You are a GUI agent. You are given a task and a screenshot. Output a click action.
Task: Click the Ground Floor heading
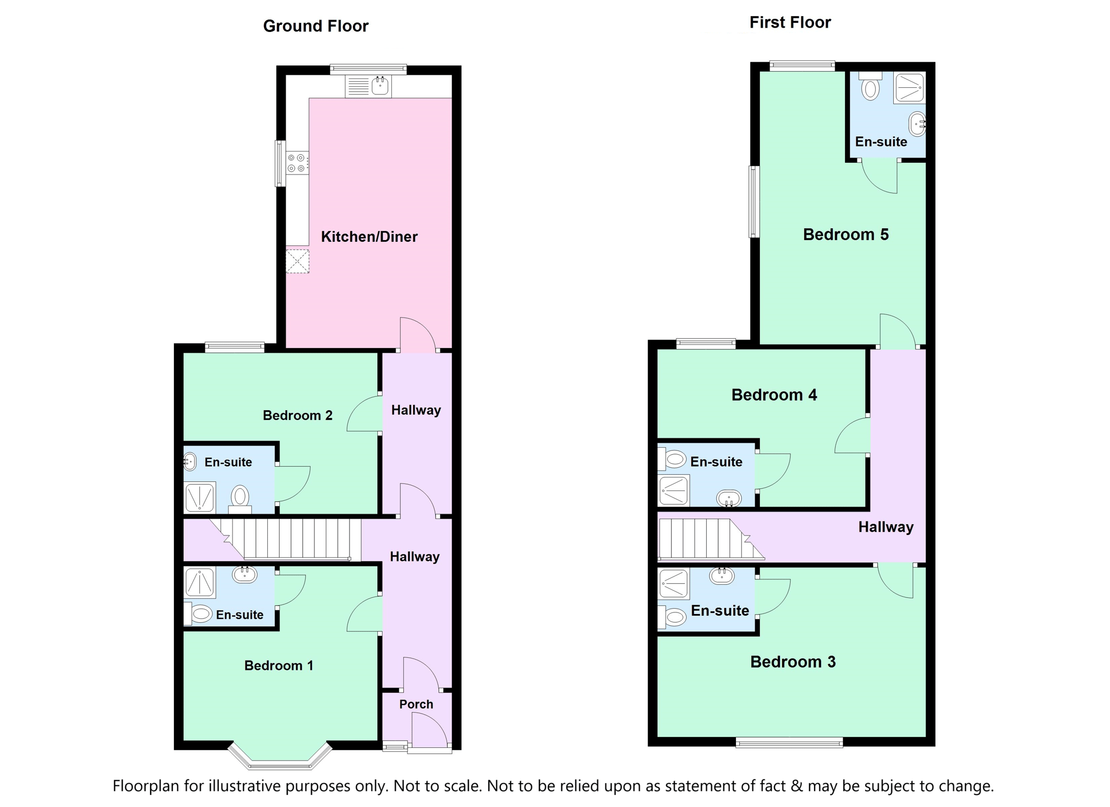pos(315,26)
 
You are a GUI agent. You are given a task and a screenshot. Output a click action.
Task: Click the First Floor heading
pos(790,22)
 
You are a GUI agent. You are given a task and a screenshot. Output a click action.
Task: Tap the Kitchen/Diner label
pos(369,236)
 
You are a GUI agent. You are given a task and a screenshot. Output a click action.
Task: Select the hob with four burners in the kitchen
pos(298,163)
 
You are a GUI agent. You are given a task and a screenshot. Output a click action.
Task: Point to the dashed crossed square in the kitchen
pos(298,261)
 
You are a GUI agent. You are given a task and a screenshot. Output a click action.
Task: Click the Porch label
pos(416,704)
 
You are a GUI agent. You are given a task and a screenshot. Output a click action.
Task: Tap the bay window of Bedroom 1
pos(280,756)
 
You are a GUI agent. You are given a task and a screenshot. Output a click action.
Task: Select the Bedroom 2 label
pos(298,415)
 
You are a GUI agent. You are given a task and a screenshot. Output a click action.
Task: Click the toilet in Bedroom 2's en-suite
pos(240,499)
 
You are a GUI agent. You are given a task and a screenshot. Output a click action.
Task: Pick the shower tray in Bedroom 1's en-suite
pos(200,582)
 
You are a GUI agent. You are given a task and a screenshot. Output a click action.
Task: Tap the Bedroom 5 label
pos(846,234)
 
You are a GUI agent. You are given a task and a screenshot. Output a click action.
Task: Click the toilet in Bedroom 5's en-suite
pos(870,86)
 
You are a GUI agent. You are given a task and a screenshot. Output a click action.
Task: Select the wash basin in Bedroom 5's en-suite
pos(917,124)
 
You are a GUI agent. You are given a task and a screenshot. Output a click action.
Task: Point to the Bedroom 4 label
pos(774,395)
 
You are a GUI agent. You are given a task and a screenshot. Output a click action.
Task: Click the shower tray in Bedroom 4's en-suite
pos(674,490)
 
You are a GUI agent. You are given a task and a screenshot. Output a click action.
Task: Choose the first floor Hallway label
pos(886,527)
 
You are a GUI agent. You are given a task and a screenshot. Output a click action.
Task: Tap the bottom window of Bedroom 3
pos(789,743)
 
